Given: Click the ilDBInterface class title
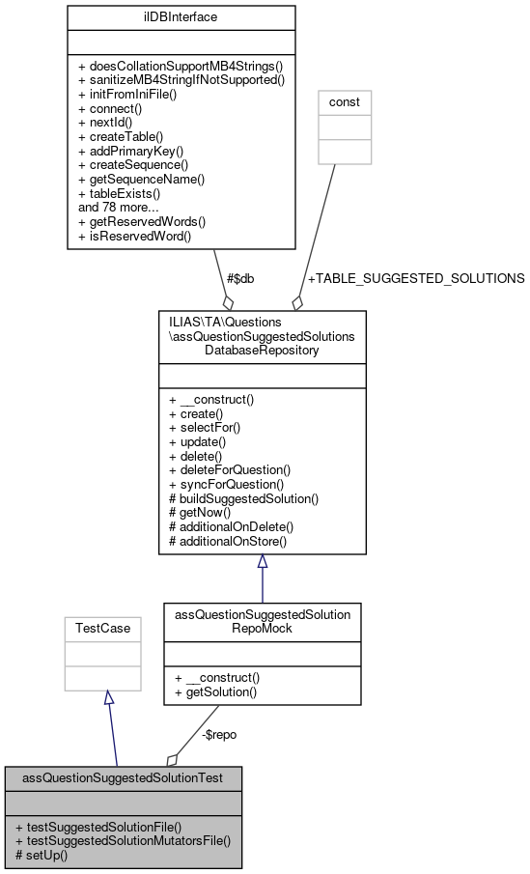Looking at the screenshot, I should point(181,16).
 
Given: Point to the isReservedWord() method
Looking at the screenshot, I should point(134,235).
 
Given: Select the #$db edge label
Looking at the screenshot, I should point(240,278).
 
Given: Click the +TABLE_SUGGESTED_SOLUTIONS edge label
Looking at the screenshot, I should point(415,278).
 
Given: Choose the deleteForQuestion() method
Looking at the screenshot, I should point(229,469).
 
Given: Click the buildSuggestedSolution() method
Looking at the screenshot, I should point(243,498).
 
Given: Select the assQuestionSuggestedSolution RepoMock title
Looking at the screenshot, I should point(262,621).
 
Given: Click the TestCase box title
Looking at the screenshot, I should point(103,628).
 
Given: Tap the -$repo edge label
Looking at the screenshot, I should point(219,734).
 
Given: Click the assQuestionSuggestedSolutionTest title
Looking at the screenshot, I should point(123,776).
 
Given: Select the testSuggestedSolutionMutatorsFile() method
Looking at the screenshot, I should point(123,840).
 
